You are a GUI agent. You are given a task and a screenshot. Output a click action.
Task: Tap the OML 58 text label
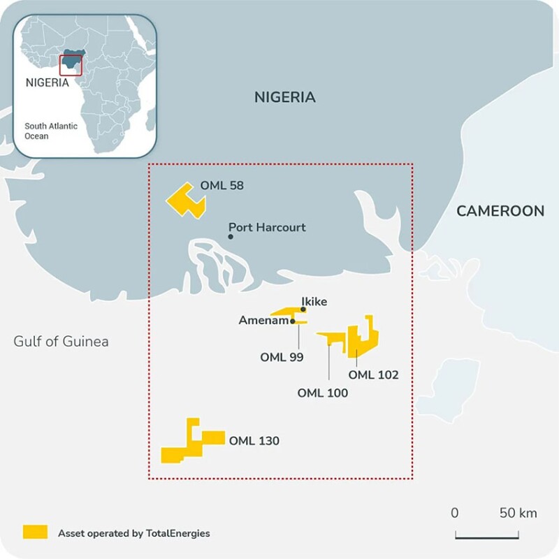point(222,186)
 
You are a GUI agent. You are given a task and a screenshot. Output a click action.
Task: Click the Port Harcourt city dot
point(230,237)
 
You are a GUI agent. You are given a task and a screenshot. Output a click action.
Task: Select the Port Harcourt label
point(268,228)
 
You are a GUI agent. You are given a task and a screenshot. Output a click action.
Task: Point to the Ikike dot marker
point(303,310)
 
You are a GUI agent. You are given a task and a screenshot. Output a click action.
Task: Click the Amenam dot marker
point(293,321)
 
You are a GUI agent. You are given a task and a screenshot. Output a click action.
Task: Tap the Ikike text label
point(314,302)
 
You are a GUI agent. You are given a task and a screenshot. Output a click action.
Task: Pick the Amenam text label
point(263,321)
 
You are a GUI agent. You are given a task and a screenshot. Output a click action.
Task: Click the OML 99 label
point(282,357)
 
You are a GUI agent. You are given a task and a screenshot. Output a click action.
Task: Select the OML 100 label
point(322,393)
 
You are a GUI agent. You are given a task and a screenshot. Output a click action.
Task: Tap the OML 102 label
point(373,375)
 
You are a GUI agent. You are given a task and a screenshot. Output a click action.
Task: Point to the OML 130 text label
point(254,441)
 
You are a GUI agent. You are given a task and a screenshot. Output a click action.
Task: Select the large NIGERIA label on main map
point(284,97)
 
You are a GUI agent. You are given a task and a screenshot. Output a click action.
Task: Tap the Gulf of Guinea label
point(61,342)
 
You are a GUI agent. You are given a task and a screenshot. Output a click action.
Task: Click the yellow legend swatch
point(35,532)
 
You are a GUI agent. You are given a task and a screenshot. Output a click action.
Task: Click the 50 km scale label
point(518,513)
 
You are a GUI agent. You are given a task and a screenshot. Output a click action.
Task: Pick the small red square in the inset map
point(71,64)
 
